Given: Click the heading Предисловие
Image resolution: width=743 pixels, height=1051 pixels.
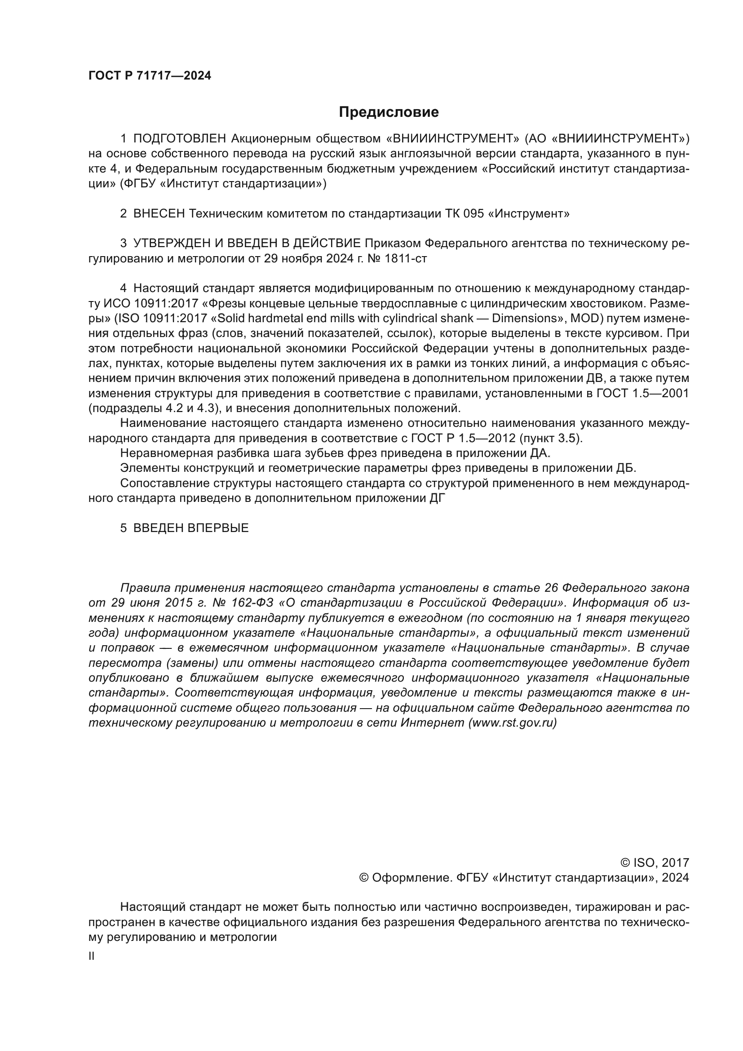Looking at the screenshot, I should click(389, 112).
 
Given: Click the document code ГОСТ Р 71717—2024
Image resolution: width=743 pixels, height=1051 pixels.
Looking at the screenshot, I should click(150, 76).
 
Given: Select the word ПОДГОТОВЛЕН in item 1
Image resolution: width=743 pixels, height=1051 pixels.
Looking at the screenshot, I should click(180, 138).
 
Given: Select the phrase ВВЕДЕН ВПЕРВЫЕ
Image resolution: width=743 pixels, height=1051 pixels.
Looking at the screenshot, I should click(191, 528).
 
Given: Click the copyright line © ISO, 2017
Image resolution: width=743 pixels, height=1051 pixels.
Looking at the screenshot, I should click(654, 863).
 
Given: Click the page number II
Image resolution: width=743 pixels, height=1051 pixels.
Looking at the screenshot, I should click(92, 956).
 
